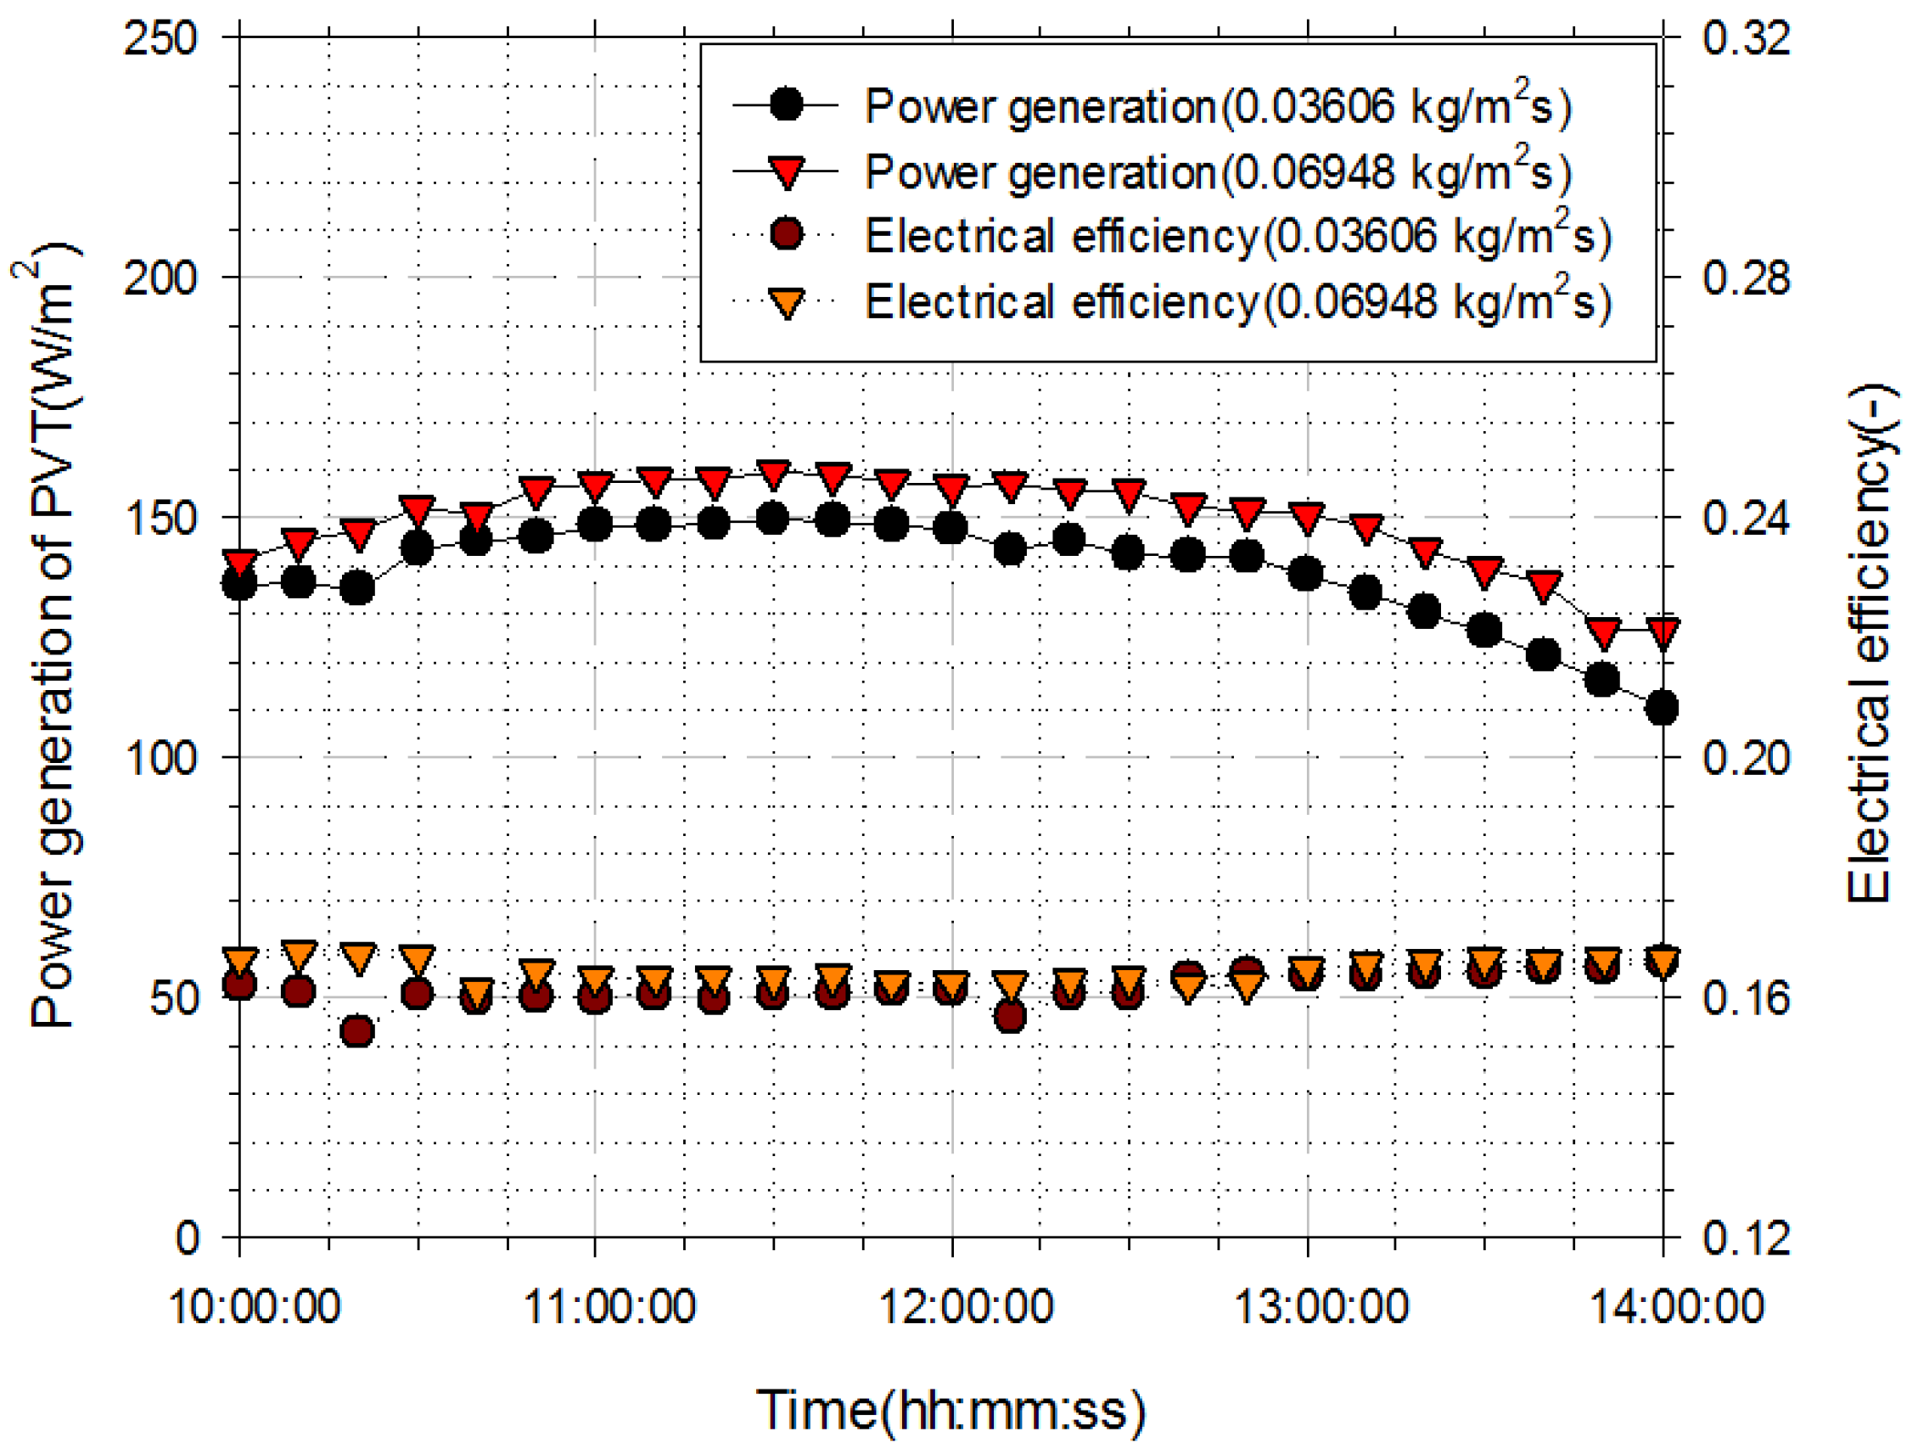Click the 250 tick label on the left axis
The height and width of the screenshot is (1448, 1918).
click(x=161, y=39)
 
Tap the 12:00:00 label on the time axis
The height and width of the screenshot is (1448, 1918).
click(x=966, y=1305)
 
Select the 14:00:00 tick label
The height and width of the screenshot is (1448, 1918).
click(x=1676, y=1305)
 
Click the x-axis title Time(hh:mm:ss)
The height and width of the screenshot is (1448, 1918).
click(x=951, y=1409)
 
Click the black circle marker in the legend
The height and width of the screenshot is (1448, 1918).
click(x=787, y=105)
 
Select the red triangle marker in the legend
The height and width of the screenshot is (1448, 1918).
click(x=787, y=171)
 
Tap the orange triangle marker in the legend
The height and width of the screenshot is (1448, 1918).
click(x=787, y=303)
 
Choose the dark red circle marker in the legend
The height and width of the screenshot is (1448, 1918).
click(x=787, y=235)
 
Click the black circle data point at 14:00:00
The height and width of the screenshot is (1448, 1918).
click(x=1663, y=709)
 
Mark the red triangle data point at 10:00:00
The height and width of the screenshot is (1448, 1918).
click(x=239, y=562)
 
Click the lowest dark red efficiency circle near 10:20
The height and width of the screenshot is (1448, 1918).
click(x=357, y=1032)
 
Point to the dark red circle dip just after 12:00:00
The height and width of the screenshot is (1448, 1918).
click(x=1010, y=1016)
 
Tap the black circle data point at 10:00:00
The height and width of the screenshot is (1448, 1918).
click(x=239, y=586)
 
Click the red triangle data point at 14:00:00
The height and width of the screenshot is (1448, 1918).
click(x=1663, y=632)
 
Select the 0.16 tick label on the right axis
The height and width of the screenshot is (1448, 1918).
click(x=1747, y=999)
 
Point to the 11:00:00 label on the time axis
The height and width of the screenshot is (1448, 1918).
click(x=609, y=1305)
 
